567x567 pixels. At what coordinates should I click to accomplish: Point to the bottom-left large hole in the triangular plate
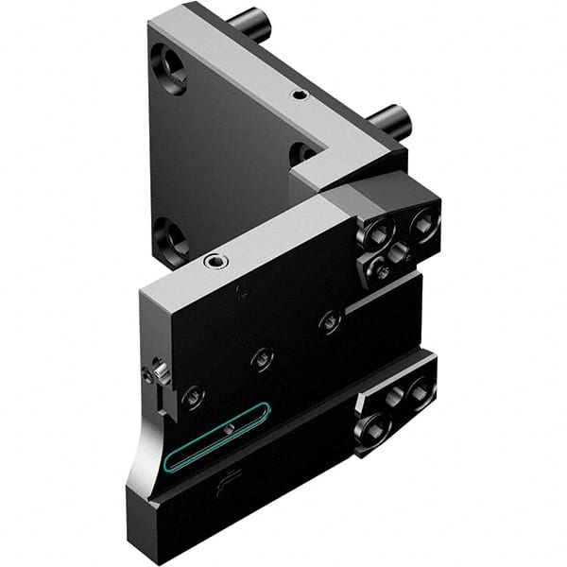[x=170, y=237]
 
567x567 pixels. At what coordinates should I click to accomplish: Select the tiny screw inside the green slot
[x=229, y=430]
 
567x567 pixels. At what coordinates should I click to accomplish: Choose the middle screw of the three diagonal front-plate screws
[x=262, y=358]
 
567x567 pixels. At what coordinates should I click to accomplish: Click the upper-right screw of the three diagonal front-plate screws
[x=329, y=322]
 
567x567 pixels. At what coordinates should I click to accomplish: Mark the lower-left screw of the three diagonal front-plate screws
[x=193, y=396]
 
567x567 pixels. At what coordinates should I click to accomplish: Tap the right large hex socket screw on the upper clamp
[x=424, y=224]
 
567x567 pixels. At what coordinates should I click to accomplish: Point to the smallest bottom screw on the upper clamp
[x=383, y=271]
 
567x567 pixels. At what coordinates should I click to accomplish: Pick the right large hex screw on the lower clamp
[x=419, y=386]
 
